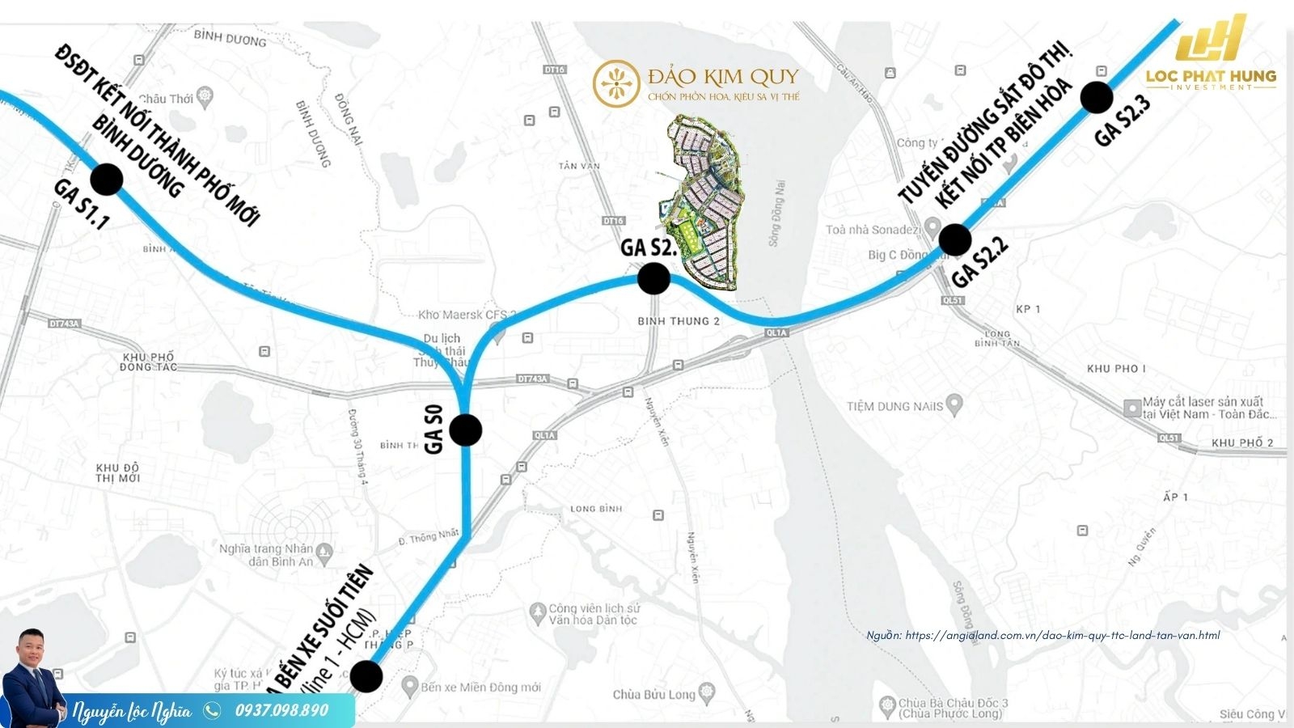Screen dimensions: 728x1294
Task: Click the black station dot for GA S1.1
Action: (x=106, y=179)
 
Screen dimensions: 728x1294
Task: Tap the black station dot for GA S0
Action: (x=466, y=430)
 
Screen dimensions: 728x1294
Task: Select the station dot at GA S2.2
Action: (x=955, y=239)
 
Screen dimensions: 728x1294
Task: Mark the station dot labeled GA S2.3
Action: (x=1097, y=97)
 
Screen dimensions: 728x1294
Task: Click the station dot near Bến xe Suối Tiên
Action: (x=366, y=676)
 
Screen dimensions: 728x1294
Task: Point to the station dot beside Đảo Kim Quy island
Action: (x=653, y=278)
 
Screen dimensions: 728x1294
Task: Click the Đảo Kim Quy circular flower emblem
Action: (x=617, y=83)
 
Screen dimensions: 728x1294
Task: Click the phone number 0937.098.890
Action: (x=281, y=710)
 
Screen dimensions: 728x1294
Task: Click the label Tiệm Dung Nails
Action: (x=894, y=406)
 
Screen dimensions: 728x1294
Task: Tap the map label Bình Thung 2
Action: (x=679, y=321)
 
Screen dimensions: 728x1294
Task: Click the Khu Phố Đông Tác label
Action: (x=147, y=362)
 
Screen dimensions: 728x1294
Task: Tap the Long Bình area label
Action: (x=596, y=509)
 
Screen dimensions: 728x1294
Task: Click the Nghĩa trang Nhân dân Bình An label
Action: (x=267, y=555)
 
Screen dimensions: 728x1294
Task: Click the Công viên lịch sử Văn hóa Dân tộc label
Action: (x=593, y=614)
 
